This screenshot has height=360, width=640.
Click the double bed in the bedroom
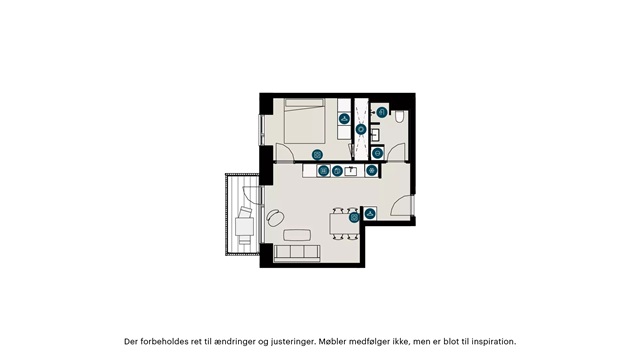(304, 121)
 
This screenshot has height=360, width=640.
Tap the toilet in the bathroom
(400, 117)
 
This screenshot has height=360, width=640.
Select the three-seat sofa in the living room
(297, 253)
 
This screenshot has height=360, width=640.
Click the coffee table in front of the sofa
(297, 235)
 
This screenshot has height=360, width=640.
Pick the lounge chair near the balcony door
(276, 218)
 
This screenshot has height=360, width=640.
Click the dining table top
(344, 224)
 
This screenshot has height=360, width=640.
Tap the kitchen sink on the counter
(351, 171)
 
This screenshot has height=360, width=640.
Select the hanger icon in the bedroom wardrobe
(344, 119)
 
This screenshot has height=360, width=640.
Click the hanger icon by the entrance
(370, 213)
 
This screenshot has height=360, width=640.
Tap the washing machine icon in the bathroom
(378, 153)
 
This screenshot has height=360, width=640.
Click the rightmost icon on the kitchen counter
(371, 170)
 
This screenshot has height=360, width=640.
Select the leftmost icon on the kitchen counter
(324, 170)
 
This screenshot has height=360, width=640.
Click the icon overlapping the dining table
(354, 218)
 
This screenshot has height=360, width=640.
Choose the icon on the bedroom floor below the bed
(317, 155)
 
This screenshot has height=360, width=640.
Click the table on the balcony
(244, 227)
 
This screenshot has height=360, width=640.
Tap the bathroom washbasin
(375, 135)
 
